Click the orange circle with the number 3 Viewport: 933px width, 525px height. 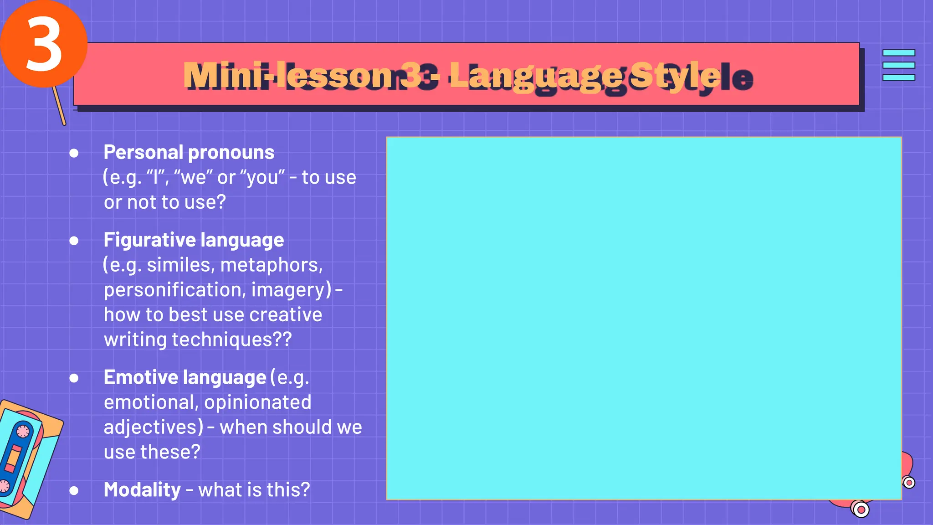[43, 44]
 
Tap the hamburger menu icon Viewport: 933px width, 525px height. [898, 65]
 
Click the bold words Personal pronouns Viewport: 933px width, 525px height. [189, 153]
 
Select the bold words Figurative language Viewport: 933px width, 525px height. [194, 240]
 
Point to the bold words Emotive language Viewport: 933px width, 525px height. [185, 378]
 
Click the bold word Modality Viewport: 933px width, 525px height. [142, 490]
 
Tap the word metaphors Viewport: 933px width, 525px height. [271, 265]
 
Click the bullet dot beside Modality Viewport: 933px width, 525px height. [74, 491]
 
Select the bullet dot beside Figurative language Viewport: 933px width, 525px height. [74, 241]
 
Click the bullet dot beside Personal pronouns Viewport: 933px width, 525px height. [74, 153]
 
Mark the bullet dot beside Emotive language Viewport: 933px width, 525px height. [74, 378]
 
